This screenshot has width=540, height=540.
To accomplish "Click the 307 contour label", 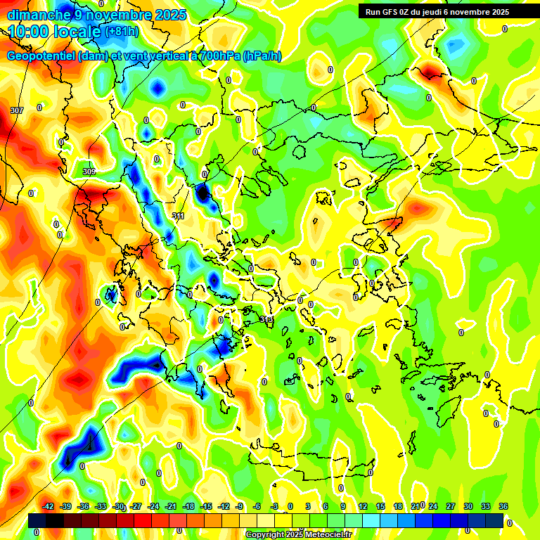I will pyautogui.click(x=17, y=110).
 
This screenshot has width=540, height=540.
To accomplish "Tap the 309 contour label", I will pyautogui.click(x=89, y=172).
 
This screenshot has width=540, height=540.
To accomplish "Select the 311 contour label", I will pyautogui.click(x=178, y=217).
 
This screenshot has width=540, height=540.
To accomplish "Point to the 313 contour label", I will pyautogui.click(x=266, y=320).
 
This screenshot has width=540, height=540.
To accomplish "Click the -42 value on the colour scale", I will pyautogui.click(x=48, y=506).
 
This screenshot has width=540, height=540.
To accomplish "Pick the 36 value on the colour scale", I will pyautogui.click(x=503, y=506).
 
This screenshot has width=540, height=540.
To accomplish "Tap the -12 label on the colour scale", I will pyautogui.click(x=223, y=506).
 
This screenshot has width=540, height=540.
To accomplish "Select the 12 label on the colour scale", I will pyautogui.click(x=363, y=506).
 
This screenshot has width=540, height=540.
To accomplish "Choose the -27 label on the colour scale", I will pyautogui.click(x=135, y=506).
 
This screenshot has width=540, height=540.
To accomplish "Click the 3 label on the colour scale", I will pyautogui.click(x=308, y=506).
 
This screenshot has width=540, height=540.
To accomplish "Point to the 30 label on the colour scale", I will pyautogui.click(x=468, y=506).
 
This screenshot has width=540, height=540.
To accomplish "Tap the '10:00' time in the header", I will pyautogui.click(x=28, y=32).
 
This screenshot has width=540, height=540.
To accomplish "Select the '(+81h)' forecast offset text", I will pyautogui.click(x=122, y=32).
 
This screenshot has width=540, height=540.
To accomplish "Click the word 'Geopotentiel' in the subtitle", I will pyautogui.click(x=41, y=56).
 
